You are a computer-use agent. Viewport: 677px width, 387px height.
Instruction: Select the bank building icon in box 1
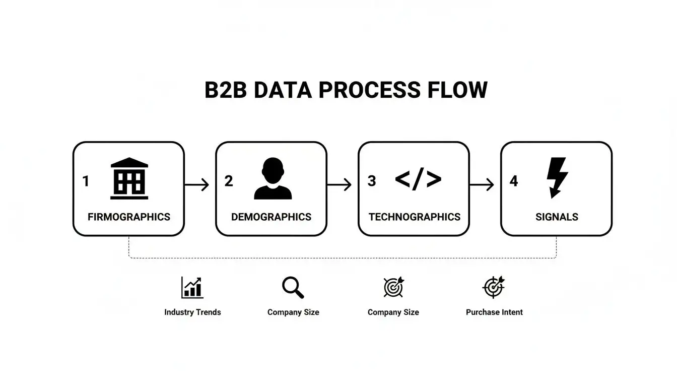129,178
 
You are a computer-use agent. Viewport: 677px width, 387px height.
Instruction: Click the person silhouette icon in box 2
273,178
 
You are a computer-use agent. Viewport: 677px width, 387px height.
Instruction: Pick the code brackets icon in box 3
418,179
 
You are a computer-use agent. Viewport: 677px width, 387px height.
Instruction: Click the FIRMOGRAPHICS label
129,217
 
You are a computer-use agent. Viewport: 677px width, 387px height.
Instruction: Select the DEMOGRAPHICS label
271,217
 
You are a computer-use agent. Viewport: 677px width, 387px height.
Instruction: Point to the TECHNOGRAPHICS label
414,217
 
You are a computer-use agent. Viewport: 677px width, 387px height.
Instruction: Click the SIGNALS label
557,217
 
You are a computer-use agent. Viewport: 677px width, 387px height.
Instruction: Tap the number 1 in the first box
86,181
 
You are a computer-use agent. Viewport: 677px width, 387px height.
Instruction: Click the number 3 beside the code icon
372,181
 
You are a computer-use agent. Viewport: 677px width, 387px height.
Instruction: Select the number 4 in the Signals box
513,181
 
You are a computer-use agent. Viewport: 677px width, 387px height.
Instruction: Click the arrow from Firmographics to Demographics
197,185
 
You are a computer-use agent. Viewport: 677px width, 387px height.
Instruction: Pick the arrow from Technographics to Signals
482,185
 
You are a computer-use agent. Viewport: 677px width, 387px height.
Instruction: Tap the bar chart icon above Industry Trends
192,288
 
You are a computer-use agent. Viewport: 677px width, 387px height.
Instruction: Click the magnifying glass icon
293,288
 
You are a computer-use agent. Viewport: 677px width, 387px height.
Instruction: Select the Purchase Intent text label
494,312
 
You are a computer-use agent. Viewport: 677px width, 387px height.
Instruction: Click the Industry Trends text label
192,312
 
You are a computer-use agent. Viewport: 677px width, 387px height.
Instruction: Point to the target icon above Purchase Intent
494,287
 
